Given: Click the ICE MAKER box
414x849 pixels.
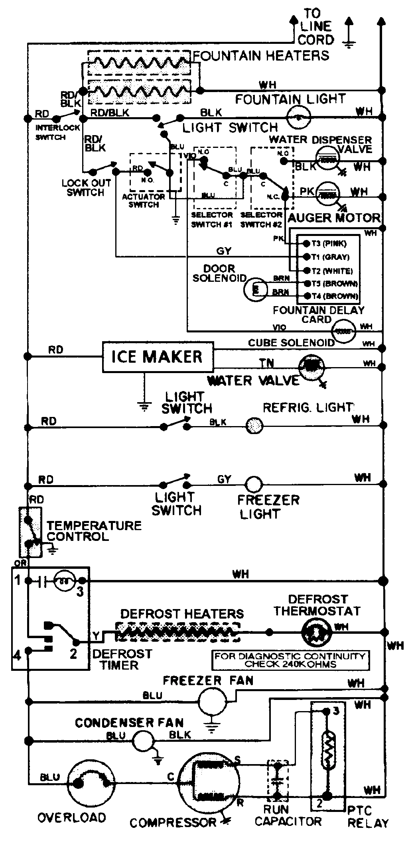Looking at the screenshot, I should click(x=158, y=356).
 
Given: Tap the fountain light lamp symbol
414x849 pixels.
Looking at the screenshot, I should click(x=299, y=118).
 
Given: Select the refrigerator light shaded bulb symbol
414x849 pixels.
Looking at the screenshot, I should click(x=254, y=425).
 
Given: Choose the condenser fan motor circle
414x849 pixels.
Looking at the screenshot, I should click(x=143, y=741).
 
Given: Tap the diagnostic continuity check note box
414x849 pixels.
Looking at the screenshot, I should click(x=290, y=660).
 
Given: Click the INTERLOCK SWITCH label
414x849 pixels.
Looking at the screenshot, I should click(x=57, y=132).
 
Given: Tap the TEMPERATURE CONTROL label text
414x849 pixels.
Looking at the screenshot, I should click(x=94, y=531).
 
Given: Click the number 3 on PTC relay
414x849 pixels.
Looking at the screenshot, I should click(x=336, y=711).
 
